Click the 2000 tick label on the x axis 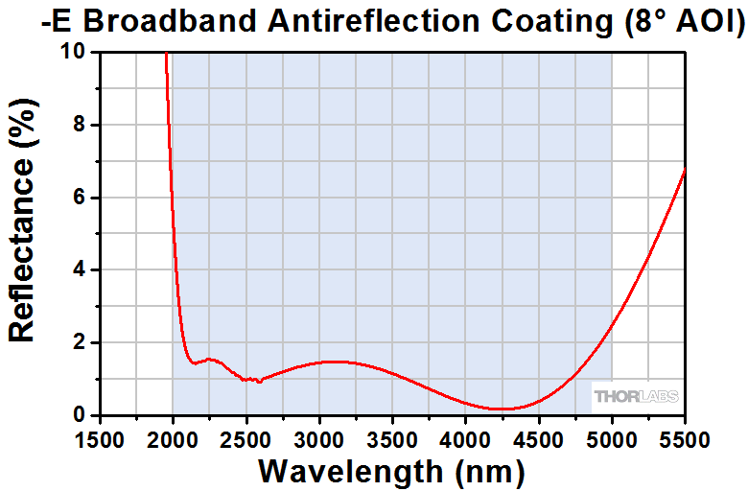tap(173, 440)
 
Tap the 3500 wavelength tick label tap(392, 440)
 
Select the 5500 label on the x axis tap(685, 440)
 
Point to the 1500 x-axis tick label tap(100, 440)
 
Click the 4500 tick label tap(538, 440)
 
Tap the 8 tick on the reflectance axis tap(82, 125)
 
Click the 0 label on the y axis tap(82, 415)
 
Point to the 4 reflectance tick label tap(82, 269)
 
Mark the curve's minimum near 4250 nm tap(502, 409)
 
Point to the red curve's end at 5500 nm tap(685, 169)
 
